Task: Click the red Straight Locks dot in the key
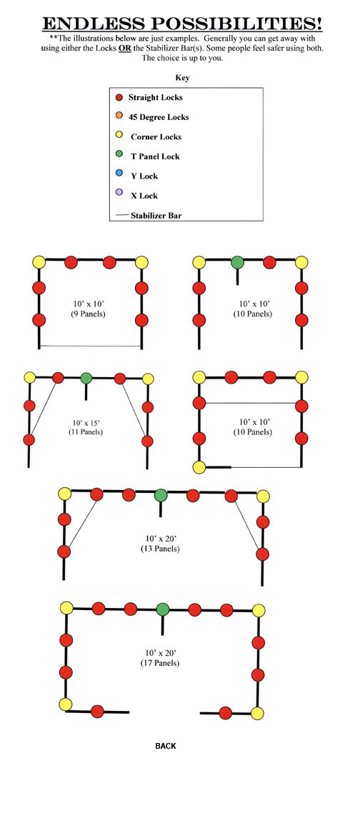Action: [x=119, y=98]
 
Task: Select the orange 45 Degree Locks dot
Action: [x=119, y=116]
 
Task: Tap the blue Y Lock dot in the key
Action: [x=119, y=174]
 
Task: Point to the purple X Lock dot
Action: [x=119, y=193]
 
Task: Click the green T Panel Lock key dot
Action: [x=119, y=154]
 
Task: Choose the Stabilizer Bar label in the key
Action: [x=156, y=215]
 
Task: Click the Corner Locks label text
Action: [x=156, y=137]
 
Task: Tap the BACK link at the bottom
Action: [x=166, y=746]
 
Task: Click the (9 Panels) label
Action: [x=90, y=314]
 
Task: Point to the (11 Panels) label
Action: [x=86, y=432]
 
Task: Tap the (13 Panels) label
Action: [x=160, y=549]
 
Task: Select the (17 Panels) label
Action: [x=160, y=663]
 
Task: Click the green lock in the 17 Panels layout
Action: [x=163, y=609]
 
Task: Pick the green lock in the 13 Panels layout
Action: [x=161, y=495]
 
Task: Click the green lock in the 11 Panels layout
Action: [x=86, y=378]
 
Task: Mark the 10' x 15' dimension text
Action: [x=86, y=422]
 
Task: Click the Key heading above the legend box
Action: [x=182, y=78]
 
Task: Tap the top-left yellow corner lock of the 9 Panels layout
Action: [x=39, y=261]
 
